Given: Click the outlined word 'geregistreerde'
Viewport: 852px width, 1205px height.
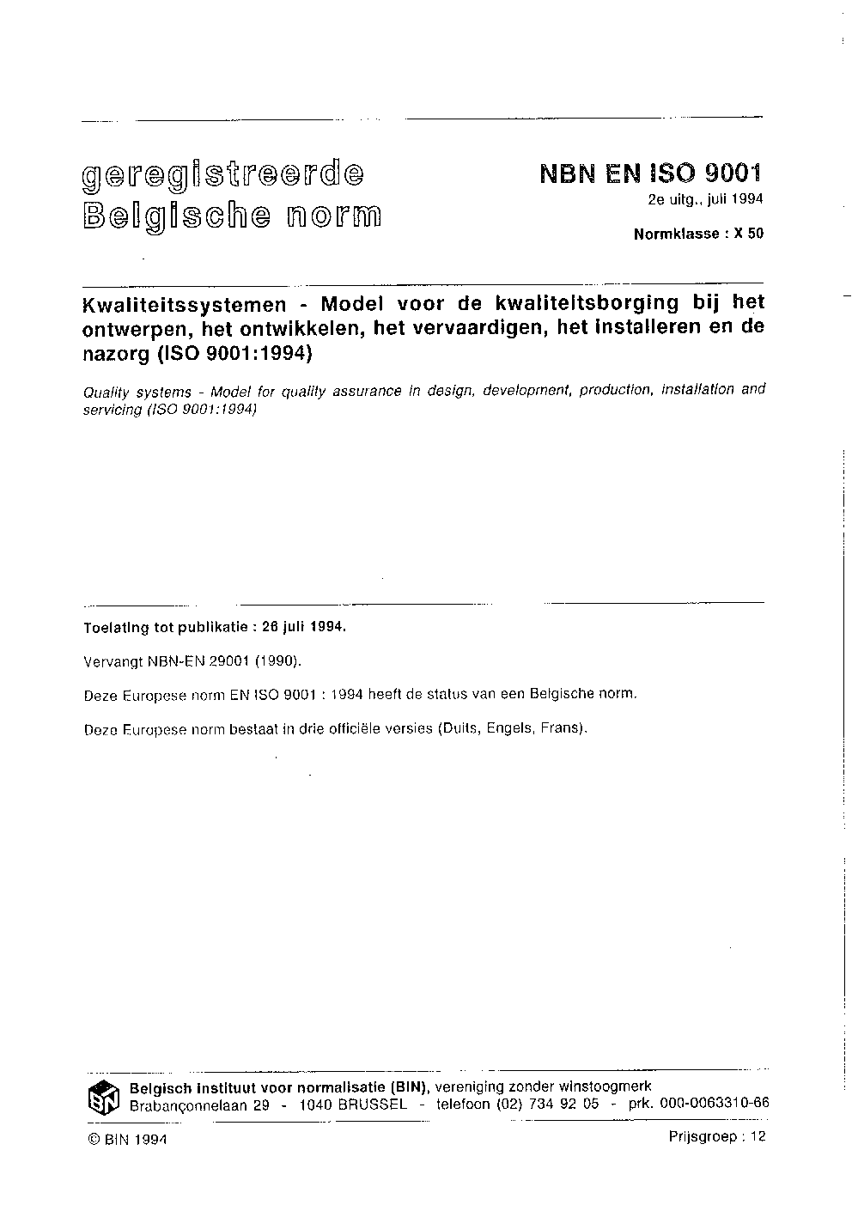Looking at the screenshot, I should coord(222,177).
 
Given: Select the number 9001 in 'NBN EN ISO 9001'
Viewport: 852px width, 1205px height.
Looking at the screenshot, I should coord(733,174).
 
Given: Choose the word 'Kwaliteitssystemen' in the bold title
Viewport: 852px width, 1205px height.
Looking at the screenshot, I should coord(183,304).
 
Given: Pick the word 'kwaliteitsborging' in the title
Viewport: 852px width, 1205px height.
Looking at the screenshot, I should coord(581,303).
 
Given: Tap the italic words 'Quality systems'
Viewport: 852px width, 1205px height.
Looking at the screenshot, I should coord(137,392).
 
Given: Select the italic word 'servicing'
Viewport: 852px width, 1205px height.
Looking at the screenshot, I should coord(112,410).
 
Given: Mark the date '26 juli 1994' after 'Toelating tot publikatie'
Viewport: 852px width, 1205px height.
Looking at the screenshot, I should coord(302,627).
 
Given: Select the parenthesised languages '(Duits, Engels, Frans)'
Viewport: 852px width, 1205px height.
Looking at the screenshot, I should coord(513,729).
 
